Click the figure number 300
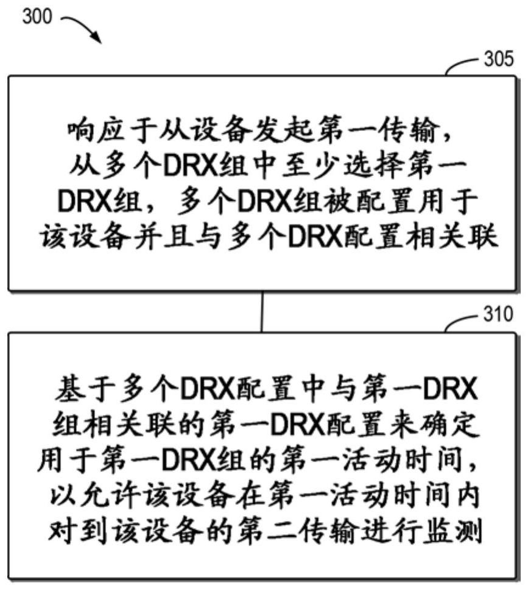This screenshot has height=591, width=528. click(38, 16)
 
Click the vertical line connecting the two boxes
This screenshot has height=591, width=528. click(262, 311)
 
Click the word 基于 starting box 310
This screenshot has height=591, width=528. click(79, 387)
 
